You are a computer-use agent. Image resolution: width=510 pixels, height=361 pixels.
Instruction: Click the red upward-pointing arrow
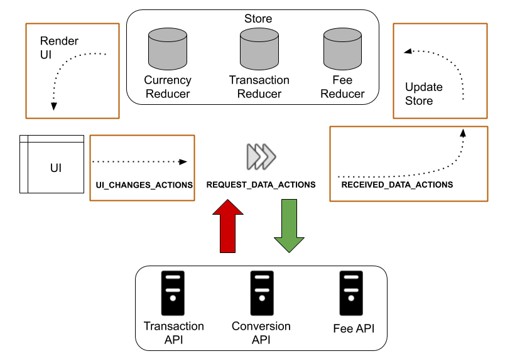[227, 227]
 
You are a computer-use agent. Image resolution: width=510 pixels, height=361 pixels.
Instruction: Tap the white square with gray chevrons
[262, 156]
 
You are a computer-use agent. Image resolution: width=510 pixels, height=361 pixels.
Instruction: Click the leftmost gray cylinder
[168, 49]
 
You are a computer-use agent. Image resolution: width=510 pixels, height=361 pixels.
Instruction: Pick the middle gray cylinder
[259, 49]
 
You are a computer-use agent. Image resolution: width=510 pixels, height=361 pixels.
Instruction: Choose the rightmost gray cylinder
[342, 49]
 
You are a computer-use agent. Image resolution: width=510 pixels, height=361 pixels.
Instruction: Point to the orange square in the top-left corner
[72, 70]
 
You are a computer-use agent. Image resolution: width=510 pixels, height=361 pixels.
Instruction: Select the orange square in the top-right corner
[440, 70]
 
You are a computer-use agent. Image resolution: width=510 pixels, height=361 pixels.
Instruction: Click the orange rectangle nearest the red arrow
[142, 168]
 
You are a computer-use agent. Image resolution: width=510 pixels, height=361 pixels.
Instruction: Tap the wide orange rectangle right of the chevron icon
[409, 163]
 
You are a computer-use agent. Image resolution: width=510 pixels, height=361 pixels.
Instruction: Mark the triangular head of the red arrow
[227, 208]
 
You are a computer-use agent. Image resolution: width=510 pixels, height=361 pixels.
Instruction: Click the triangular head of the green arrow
[289, 244]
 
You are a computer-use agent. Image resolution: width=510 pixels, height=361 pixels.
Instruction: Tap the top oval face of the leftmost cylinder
[168, 35]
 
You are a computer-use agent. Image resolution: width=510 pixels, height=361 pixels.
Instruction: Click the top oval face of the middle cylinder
[259, 35]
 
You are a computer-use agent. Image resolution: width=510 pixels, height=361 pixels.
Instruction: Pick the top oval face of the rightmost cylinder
[342, 35]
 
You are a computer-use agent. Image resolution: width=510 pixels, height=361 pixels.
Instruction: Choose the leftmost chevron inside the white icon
[253, 156]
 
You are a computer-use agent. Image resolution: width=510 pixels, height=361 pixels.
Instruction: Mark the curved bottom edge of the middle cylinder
[259, 67]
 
